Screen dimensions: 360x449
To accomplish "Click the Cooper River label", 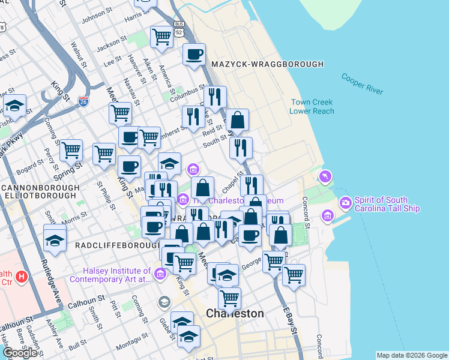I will click(x=362, y=84).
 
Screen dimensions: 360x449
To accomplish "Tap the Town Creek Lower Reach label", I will click(x=312, y=107).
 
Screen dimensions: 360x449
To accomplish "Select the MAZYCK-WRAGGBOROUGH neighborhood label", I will click(x=267, y=64).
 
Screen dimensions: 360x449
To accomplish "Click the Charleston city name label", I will click(x=235, y=314).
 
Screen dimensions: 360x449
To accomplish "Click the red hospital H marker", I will click(x=22, y=277).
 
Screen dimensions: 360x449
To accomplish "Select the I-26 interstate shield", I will click(x=83, y=102).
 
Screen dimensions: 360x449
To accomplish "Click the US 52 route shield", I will click(x=178, y=25).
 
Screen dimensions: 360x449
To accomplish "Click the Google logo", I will click(x=20, y=352).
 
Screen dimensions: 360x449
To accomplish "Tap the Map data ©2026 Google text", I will click(x=412, y=355).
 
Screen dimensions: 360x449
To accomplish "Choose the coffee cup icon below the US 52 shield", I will click(x=194, y=55).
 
